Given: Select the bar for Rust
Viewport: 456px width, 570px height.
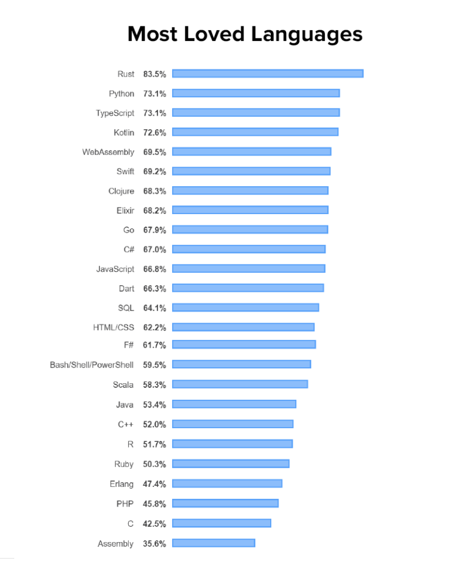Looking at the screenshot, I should point(267,74).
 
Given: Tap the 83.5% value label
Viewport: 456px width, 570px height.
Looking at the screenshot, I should point(154,74).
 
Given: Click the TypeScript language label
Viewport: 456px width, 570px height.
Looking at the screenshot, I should point(115,113).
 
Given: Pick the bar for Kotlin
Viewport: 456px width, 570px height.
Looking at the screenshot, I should point(255,132).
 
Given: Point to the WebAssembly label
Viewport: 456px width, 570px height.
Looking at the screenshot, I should point(108,152).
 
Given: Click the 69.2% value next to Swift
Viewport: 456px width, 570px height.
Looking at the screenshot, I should point(154,171).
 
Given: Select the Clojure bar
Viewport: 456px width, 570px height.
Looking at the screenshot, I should point(250,190).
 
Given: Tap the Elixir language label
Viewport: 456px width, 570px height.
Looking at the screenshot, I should point(125,210).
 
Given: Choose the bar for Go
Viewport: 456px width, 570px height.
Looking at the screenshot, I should point(250,230).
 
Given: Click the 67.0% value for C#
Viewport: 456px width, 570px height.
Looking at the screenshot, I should point(154,249).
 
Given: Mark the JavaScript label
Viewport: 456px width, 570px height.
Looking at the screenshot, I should point(115,269).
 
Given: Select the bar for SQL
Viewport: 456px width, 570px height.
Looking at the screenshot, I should point(245,307).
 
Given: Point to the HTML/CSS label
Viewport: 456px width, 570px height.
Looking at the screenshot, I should point(113,327).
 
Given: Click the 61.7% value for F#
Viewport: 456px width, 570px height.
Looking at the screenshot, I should point(154,345).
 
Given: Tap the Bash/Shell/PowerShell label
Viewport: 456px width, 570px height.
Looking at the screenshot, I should point(91,364).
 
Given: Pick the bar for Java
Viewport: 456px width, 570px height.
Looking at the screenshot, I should point(234,404).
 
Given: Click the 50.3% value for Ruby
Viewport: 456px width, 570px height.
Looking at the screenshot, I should point(154,464).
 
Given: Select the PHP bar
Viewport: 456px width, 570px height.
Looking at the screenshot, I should point(225,503).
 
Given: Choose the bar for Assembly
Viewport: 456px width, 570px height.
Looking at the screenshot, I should point(213,543).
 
